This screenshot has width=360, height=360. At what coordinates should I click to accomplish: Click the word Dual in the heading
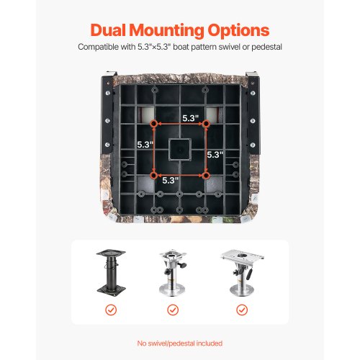pos(109,30)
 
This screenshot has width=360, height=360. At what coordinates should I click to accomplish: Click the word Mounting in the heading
pos(167,31)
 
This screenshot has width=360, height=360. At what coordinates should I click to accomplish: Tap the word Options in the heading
pos(238,31)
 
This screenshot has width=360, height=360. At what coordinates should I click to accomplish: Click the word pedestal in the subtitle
pos(266,47)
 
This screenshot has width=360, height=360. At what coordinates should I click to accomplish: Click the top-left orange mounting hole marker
pos(153,124)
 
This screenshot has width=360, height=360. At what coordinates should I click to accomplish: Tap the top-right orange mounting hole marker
pos(206,124)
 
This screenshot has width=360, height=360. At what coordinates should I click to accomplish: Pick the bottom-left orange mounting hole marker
pos(153,176)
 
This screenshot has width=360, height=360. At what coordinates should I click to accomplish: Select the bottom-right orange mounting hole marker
pos(206,176)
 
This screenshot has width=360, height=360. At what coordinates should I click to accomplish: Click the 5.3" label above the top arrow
pos(191,118)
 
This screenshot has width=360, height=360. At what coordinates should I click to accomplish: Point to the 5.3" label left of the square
pos(145,145)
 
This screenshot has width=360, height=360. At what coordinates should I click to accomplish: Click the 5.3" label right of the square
pos(215,155)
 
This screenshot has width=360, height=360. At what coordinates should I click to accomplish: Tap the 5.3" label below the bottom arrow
pos(171,181)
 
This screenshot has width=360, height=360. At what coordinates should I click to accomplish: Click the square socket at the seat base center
pos(180,150)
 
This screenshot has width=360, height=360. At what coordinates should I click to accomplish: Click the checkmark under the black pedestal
pos(111,310)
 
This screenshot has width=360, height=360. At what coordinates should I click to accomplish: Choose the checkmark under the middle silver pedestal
pos(173,310)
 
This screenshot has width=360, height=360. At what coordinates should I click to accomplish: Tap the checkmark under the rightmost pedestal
pos(242,310)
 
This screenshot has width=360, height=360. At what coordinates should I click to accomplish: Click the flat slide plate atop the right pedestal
pos(243,256)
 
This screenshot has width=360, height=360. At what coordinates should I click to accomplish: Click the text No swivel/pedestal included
pos(180,343)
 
